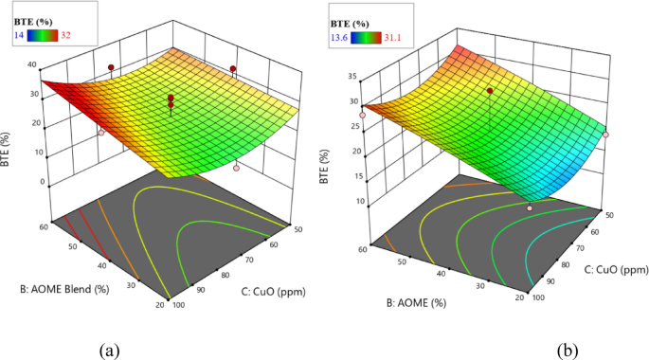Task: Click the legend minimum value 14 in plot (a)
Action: click(x=18, y=35)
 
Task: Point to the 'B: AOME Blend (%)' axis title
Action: click(x=56, y=283)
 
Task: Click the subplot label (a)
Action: click(x=110, y=349)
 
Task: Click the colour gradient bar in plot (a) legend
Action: click(x=41, y=35)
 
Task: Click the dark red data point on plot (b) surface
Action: click(x=490, y=90)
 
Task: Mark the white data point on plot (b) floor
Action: click(x=530, y=207)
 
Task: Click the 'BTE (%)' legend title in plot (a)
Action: click(x=33, y=18)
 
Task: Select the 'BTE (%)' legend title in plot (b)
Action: click(x=350, y=18)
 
